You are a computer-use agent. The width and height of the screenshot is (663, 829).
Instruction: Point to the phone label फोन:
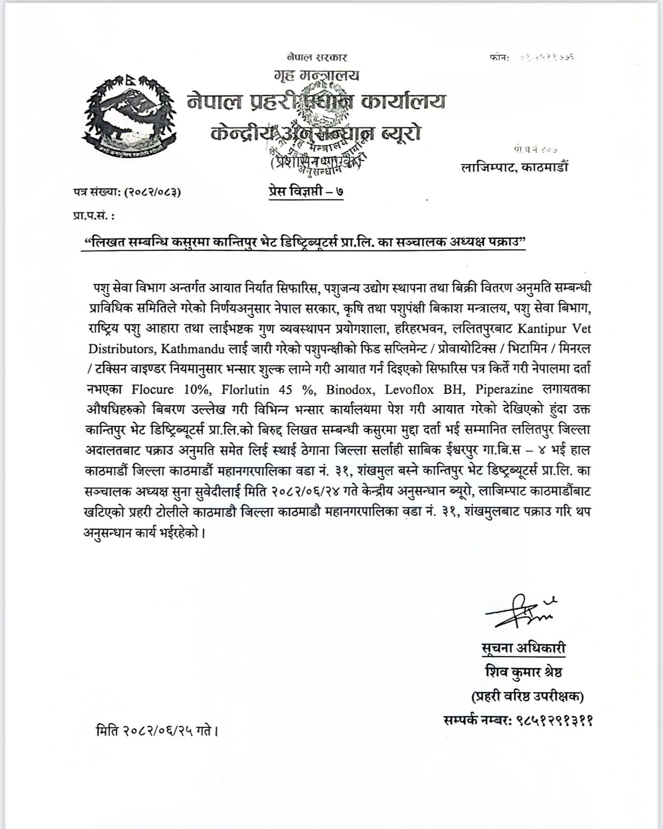[499, 58]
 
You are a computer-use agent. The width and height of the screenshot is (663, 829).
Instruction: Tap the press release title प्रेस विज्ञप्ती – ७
[302, 191]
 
